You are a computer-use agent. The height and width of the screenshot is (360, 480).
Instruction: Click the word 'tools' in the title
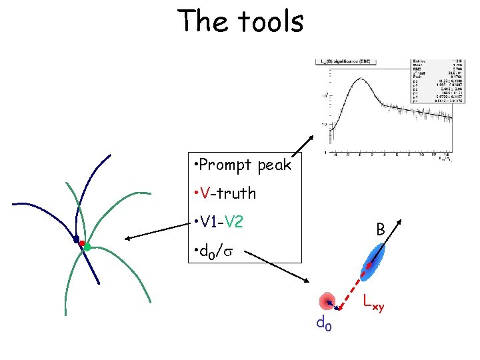[x=267, y=21]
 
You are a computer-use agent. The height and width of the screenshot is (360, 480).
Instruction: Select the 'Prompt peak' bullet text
[x=241, y=164]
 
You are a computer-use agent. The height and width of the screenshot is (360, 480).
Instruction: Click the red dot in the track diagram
[x=82, y=244]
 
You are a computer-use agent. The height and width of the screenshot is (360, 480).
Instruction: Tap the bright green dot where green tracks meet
[x=88, y=247]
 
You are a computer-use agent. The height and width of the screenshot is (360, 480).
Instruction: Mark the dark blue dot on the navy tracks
[x=76, y=239]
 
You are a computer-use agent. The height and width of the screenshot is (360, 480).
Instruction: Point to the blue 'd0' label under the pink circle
[x=323, y=324]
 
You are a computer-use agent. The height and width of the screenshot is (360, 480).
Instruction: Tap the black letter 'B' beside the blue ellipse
[x=379, y=229]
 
